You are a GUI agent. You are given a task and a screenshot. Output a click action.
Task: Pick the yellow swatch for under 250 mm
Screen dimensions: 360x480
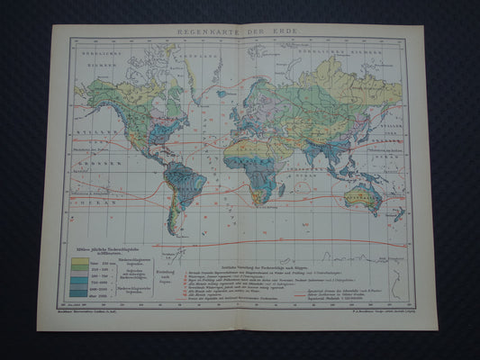pyautogui.click(x=79, y=262)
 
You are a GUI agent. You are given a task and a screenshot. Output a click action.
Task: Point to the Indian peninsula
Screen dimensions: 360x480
pyautogui.click(x=318, y=149)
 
